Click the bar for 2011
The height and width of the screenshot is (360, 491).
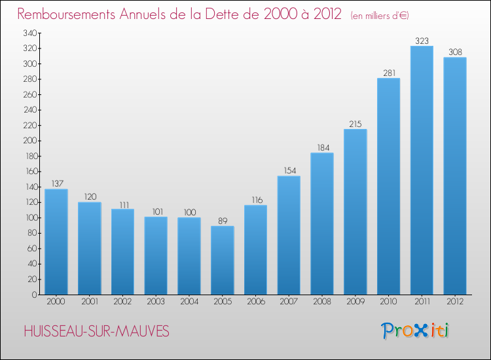click(x=422, y=170)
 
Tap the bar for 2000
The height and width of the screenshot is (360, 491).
click(x=56, y=242)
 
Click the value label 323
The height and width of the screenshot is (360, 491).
click(x=422, y=41)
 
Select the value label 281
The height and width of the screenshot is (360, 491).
click(x=389, y=73)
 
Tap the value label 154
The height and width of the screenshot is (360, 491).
click(x=289, y=171)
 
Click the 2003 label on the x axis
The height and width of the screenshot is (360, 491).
click(x=156, y=302)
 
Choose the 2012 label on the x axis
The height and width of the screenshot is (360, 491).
click(x=455, y=302)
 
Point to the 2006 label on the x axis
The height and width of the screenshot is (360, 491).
click(x=255, y=302)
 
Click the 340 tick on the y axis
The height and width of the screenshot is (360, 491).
click(x=29, y=33)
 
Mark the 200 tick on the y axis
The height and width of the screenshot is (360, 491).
click(x=29, y=141)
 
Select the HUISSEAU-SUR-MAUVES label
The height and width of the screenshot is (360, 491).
click(x=96, y=332)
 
